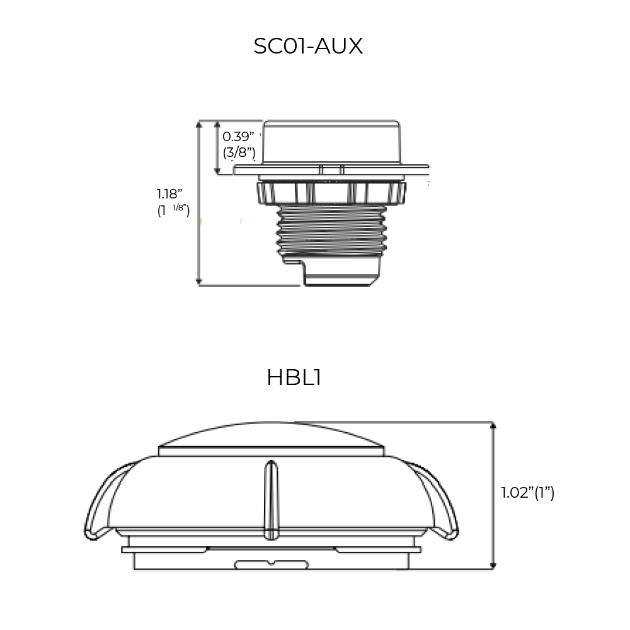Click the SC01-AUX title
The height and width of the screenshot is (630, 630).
pos(308,46)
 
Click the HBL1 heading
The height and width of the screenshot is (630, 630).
pos(294,377)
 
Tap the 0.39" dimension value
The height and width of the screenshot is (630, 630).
pos(238,137)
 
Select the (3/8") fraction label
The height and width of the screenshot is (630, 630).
pos(239,152)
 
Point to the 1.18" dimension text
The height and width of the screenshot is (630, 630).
pos(169,194)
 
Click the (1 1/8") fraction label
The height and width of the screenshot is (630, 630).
pos(173,210)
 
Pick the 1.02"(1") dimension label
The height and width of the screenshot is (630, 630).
pos(527,493)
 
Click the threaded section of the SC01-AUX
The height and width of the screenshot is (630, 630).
pos(331,231)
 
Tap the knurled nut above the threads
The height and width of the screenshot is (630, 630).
pos(331,193)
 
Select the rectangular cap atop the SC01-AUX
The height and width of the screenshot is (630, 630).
pos(331,142)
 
